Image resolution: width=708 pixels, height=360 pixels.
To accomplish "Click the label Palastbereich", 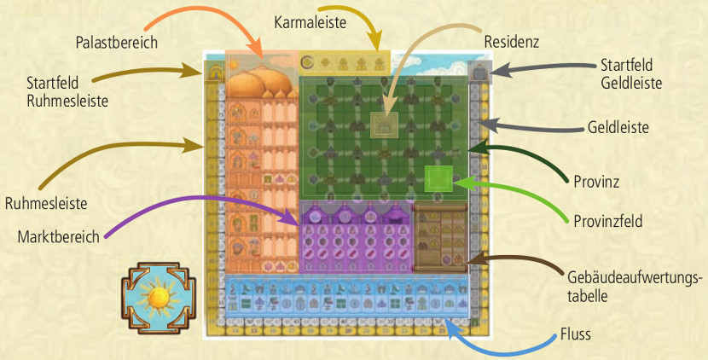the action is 117,43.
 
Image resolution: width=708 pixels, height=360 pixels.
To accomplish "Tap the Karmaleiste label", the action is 310,22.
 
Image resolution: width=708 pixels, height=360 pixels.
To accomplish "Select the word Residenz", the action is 512,42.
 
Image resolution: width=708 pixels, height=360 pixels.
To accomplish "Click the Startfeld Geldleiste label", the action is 631,73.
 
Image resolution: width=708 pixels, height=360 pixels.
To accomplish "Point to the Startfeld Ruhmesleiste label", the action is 67,91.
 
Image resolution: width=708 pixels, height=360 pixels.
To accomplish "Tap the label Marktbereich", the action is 58,237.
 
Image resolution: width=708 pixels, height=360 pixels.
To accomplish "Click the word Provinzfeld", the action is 607,221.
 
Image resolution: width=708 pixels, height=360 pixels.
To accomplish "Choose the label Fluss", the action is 575,334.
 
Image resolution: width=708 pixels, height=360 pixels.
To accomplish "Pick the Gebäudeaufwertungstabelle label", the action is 635,287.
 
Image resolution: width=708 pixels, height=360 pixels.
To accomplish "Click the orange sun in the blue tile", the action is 158,298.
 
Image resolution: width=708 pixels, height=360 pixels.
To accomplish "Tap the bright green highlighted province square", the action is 438,179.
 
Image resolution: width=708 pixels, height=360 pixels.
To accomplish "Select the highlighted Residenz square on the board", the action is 384,125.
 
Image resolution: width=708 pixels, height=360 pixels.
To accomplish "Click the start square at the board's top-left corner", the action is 214,72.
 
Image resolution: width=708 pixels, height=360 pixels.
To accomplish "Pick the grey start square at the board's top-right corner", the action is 479,72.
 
